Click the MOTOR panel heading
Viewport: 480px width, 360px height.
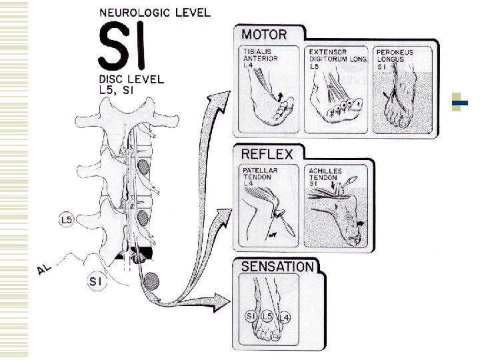[x=264, y=35]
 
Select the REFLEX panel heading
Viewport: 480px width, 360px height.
[x=266, y=155]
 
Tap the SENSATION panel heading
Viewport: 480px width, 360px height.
[x=277, y=267]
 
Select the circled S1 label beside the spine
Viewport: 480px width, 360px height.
[x=96, y=281]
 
